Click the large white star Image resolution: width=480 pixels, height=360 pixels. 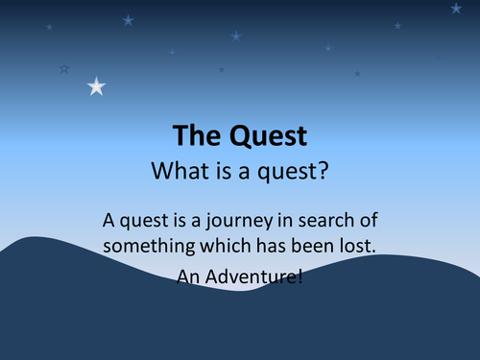[x=96, y=86]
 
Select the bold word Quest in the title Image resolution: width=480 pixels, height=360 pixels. [x=265, y=136]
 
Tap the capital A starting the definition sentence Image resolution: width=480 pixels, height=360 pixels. [x=107, y=220]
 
